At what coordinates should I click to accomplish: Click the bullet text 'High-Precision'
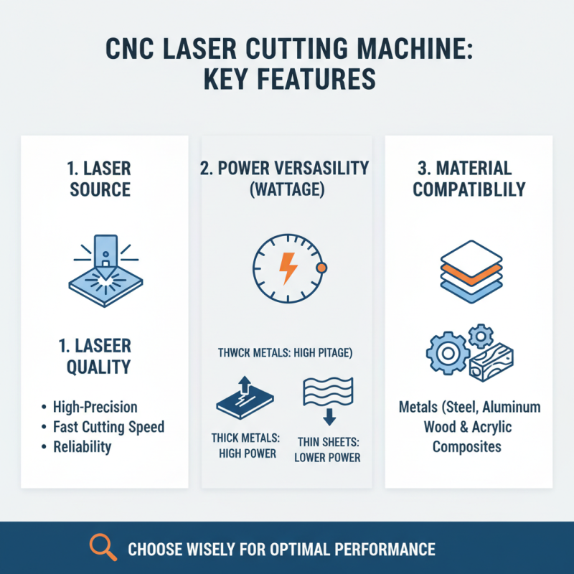pos(95,407)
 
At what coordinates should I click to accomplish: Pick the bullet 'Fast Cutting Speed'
pos(108,427)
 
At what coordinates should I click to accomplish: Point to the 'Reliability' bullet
pos(83,446)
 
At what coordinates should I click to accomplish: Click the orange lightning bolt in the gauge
pos(288,267)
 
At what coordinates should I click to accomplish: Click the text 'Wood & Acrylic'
pos(469,428)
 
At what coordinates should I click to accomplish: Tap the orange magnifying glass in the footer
pos(103,547)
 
